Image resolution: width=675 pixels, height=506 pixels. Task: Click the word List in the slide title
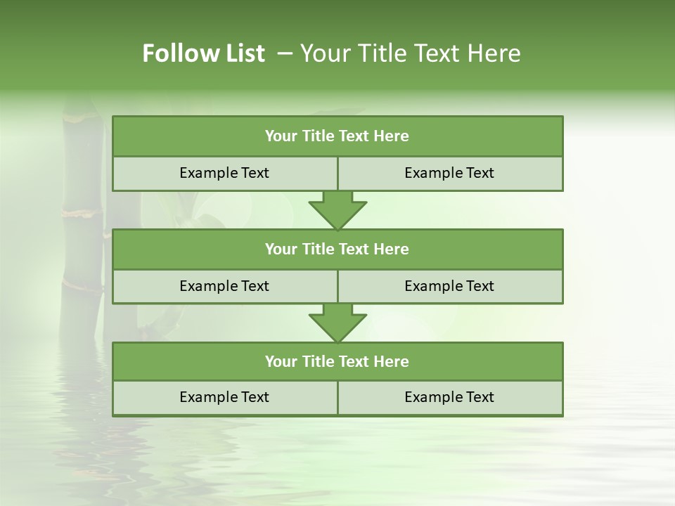[x=242, y=53]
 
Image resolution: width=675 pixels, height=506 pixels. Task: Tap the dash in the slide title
[x=285, y=53]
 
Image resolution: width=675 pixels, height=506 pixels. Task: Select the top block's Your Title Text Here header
[x=337, y=136]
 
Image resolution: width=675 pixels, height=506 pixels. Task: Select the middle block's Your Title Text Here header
[x=337, y=249]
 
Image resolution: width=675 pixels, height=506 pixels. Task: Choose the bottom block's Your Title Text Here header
[x=337, y=361]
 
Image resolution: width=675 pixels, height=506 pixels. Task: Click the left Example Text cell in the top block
[x=224, y=173]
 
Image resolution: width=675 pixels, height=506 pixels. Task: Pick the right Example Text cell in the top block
[x=449, y=173]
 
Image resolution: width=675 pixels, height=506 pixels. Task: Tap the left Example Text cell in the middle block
[x=224, y=286]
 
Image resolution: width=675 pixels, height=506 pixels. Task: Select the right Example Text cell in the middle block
[x=449, y=286]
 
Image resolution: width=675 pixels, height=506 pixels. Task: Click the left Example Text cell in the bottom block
[x=224, y=397]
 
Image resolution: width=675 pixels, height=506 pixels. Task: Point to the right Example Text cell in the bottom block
[x=449, y=397]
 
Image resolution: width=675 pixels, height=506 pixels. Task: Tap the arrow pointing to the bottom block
[x=337, y=323]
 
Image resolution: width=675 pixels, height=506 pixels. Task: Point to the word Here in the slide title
[x=495, y=53]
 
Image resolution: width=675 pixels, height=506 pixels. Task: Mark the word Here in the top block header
[x=392, y=136]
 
